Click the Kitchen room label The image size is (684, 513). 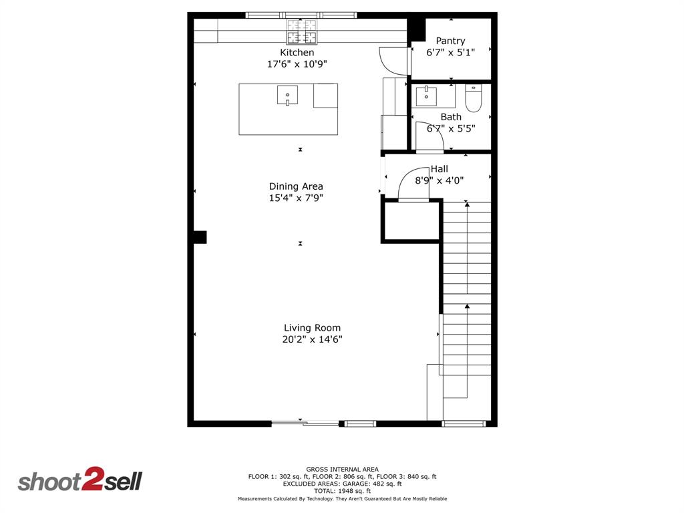click(x=297, y=53)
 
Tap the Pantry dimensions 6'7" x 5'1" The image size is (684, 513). click(x=450, y=53)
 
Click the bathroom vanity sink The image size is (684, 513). click(x=426, y=96)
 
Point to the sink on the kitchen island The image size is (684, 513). click(x=287, y=96)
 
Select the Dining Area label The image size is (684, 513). click(x=296, y=186)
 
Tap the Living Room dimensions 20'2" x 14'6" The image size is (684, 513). click(x=312, y=339)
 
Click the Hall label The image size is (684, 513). click(x=440, y=169)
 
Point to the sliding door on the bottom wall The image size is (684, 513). click(x=305, y=423)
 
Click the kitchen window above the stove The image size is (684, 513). click(x=301, y=15)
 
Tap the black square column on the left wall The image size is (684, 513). click(x=200, y=237)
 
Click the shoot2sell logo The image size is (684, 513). click(x=80, y=481)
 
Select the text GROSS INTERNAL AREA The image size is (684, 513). click(x=342, y=469)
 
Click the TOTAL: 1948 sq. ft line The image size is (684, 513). click(x=342, y=491)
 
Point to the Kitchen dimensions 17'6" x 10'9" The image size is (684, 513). click(x=297, y=64)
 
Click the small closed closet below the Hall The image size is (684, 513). click(x=411, y=220)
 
